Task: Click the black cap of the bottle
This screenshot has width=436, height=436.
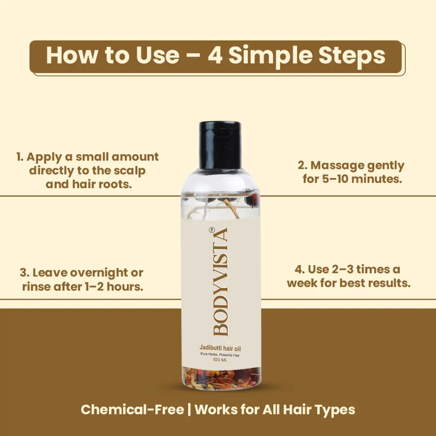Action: pyautogui.click(x=220, y=145)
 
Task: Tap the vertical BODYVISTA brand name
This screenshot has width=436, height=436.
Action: pyautogui.click(x=221, y=281)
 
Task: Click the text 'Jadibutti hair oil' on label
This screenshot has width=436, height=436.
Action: pyautogui.click(x=220, y=348)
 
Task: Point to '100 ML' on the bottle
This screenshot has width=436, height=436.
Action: pyautogui.click(x=220, y=360)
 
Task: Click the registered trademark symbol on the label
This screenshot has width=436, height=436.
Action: pyautogui.click(x=212, y=229)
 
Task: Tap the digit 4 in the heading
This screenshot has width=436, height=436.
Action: pyautogui.click(x=215, y=55)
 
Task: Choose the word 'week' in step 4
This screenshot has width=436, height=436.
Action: pyautogui.click(x=302, y=283)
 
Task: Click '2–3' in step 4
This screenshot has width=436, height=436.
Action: pyautogui.click(x=343, y=269)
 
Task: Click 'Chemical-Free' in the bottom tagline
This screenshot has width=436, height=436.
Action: pyautogui.click(x=132, y=410)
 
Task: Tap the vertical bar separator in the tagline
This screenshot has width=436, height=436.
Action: pyautogui.click(x=189, y=410)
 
